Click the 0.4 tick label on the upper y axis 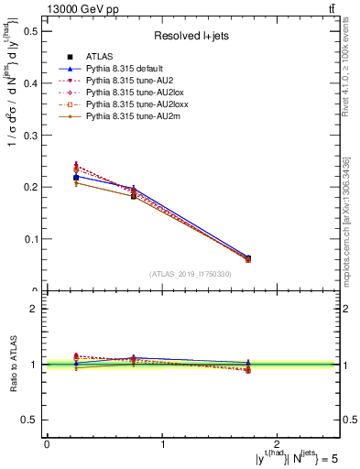tap(30, 83)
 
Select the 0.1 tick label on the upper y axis tap(30, 239)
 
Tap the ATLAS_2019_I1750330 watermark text tap(191, 274)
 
